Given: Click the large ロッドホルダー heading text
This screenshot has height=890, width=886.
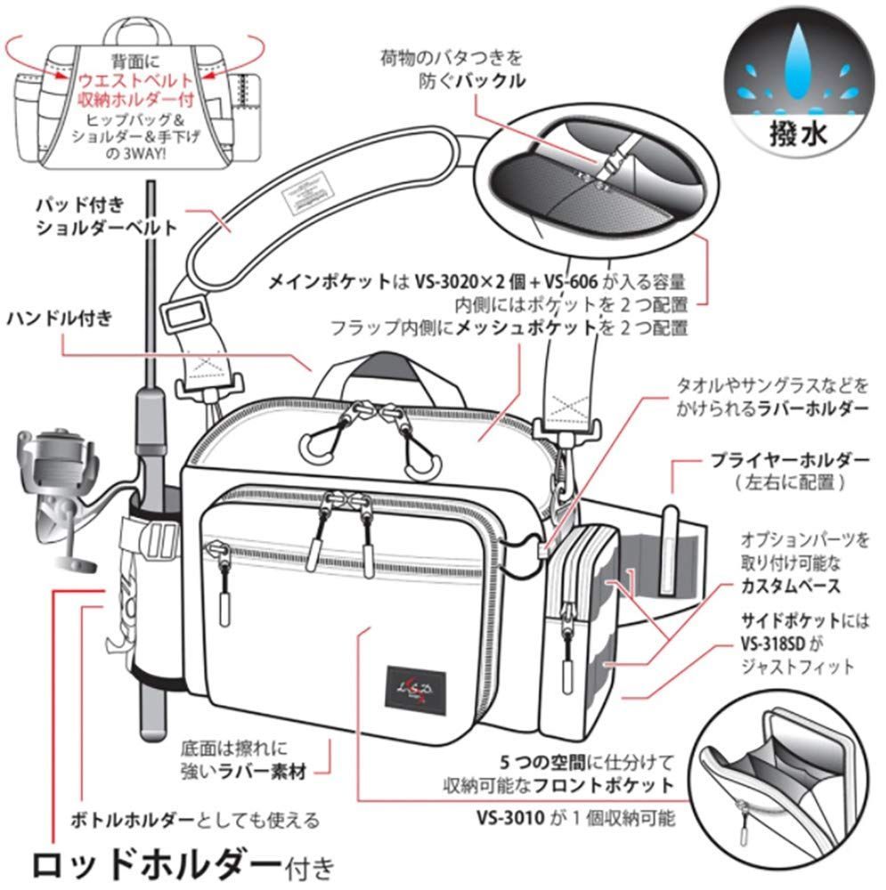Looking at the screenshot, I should pos(156,861).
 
